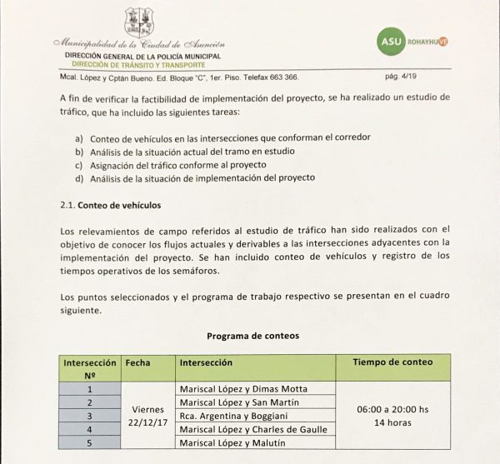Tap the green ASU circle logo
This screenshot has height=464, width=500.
tap(393, 39)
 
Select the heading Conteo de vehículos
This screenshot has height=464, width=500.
tap(119, 204)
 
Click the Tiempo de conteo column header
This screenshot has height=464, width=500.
tap(392, 363)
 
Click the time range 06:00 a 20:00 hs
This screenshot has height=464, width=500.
tap(392, 409)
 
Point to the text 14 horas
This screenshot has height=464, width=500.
tap(392, 423)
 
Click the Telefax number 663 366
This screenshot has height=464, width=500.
tap(282, 75)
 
